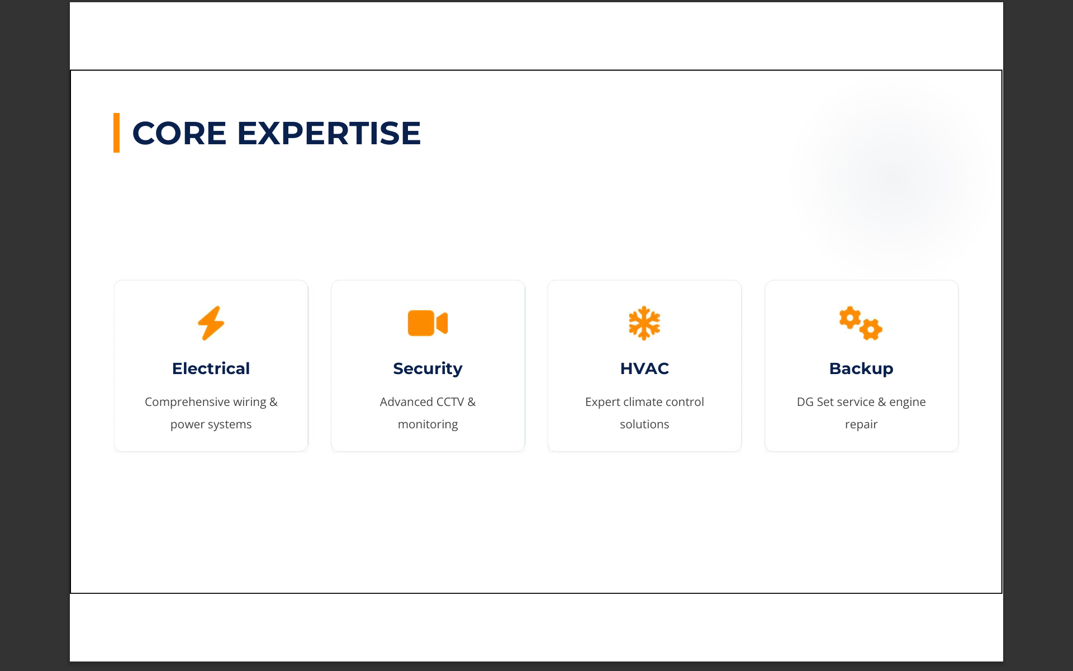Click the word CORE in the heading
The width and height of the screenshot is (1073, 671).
pos(179,133)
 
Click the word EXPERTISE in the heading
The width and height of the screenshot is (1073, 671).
pos(329,133)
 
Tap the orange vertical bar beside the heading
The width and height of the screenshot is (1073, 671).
pos(116,133)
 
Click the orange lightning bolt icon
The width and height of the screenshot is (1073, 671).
pos(211,323)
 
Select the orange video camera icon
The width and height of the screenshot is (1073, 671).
pos(428,323)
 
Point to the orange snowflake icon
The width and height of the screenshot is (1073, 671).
pos(644,323)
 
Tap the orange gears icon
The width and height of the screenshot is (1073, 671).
pos(861,323)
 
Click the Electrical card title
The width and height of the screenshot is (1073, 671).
pos(211,368)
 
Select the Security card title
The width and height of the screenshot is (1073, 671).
pos(428,369)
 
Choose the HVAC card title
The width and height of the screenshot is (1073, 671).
pos(644,368)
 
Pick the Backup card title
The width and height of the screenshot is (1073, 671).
pos(861,369)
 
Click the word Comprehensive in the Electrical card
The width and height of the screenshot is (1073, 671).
pos(187,402)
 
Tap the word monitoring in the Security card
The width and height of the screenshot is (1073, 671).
pos(428,424)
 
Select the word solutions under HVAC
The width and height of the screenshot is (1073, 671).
pos(644,424)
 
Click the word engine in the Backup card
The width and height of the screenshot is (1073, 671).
pos(908,403)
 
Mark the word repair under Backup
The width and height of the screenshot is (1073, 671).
pos(861,425)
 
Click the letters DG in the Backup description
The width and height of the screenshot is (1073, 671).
pos(805,402)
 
